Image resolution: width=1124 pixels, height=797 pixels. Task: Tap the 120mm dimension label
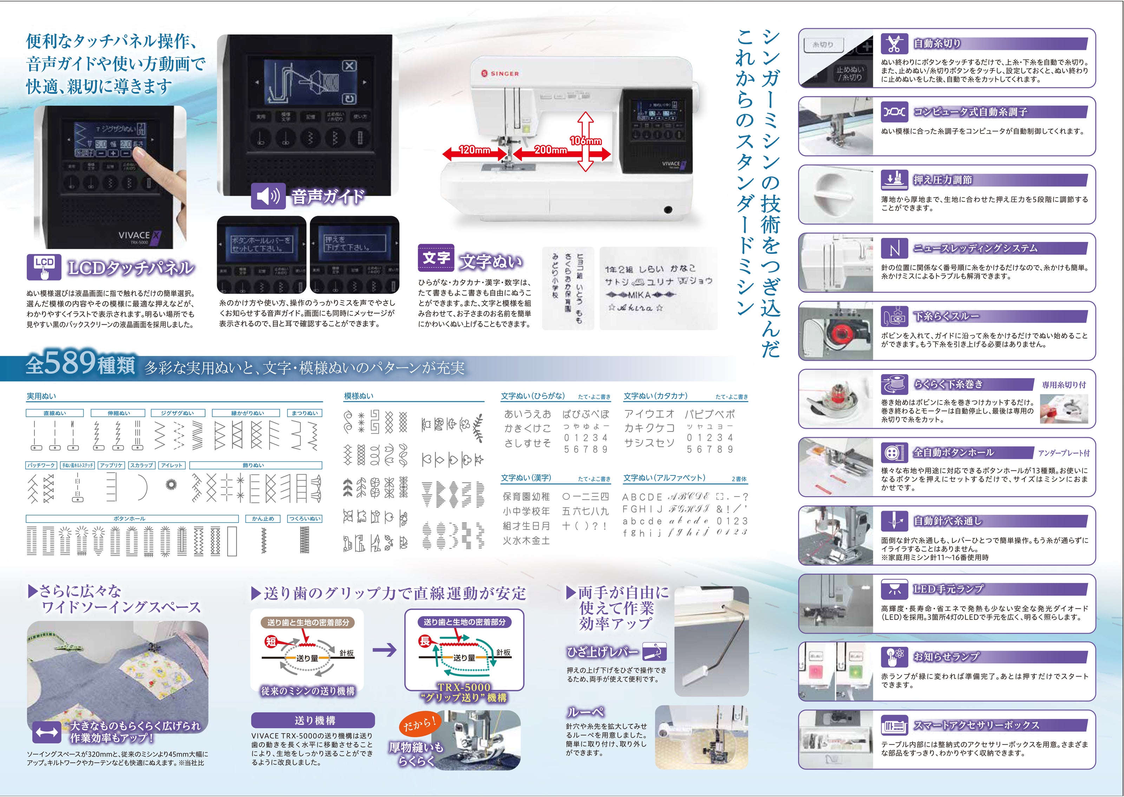[474, 150]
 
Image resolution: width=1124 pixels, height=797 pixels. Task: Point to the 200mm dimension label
[550, 150]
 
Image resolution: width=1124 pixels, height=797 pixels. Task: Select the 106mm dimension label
[586, 141]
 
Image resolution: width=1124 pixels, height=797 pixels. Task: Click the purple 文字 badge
[436, 258]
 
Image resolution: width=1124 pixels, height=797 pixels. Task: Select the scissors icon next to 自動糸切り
[894, 44]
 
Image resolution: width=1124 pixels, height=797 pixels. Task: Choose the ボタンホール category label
[130, 518]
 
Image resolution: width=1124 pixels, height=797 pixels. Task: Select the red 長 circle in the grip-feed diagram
[425, 640]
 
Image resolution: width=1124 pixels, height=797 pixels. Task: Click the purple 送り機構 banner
[313, 720]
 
